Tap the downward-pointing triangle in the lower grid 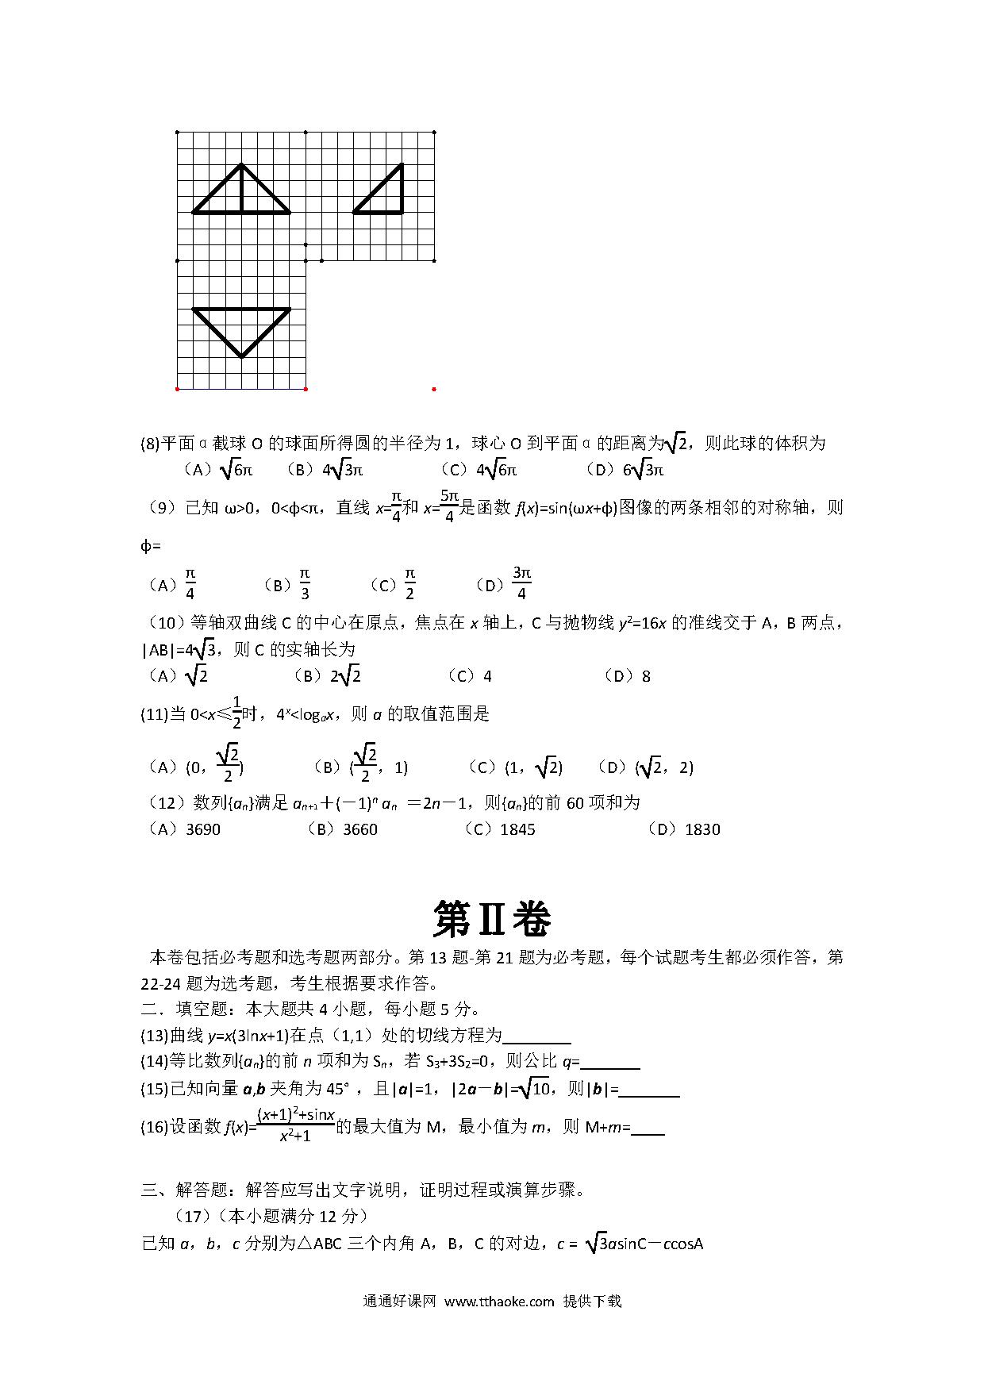click(241, 327)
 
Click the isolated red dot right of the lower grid click(434, 389)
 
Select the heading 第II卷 click(492, 920)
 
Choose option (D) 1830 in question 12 click(684, 829)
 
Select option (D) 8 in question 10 click(628, 676)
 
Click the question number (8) click(150, 444)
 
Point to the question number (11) click(154, 714)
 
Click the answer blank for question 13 click(537, 1036)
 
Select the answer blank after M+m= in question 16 click(648, 1128)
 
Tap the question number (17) click(193, 1216)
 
